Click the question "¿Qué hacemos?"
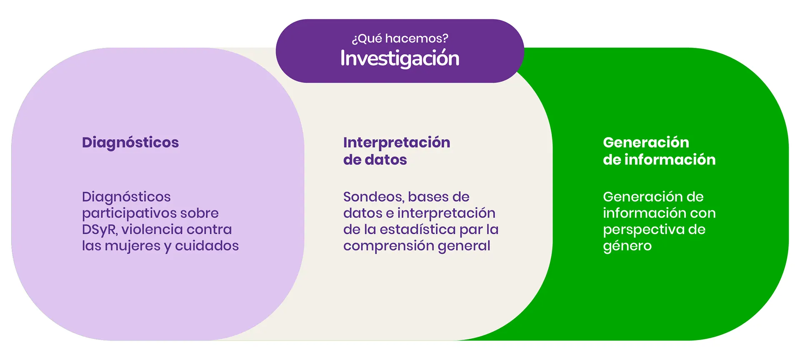click(400, 38)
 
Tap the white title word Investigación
click(400, 58)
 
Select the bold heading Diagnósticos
click(130, 143)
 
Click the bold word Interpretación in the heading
click(397, 143)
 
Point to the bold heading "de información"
click(659, 160)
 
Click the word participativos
click(130, 214)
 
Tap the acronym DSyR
click(100, 230)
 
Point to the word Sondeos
click(373, 197)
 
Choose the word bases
click(427, 197)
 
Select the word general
click(464, 246)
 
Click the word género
click(627, 246)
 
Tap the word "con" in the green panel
click(703, 213)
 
